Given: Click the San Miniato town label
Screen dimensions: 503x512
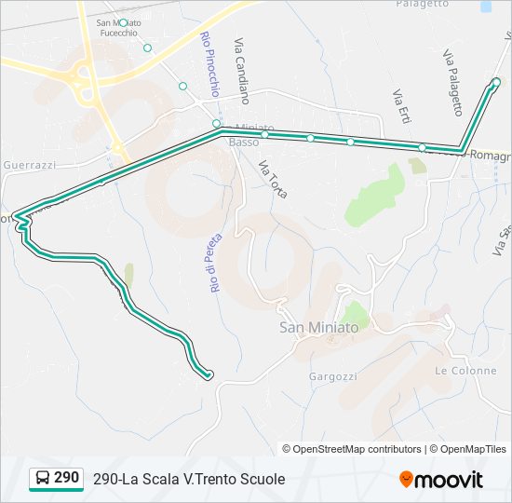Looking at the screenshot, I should pos(318,328).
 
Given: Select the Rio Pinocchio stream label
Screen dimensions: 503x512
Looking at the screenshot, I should pos(209,63).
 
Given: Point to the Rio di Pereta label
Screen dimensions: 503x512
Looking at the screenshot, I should pos(213,265).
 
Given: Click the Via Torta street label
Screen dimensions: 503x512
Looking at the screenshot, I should pos(273,180).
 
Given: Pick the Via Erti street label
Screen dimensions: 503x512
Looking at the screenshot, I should pos(401,103).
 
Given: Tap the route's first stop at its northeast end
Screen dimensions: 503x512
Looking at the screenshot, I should pos(495,83).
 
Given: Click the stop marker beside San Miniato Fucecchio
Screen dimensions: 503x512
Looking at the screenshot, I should pos(123,22).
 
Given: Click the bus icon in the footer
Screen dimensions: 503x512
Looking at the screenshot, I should pos(43,479).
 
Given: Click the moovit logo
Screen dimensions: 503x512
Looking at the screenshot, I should pos(441,480).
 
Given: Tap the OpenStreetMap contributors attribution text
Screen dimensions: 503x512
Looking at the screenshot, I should pos(357,449).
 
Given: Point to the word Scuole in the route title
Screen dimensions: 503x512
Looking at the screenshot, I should pos(261,479).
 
